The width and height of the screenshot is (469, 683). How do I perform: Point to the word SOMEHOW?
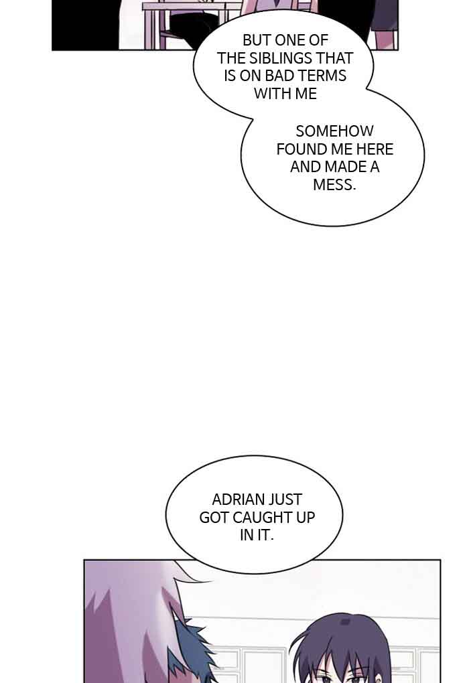click(334, 131)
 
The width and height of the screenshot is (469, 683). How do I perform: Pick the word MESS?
click(334, 184)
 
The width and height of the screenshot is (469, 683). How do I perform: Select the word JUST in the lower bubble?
click(285, 500)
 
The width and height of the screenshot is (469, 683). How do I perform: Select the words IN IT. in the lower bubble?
click(257, 536)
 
